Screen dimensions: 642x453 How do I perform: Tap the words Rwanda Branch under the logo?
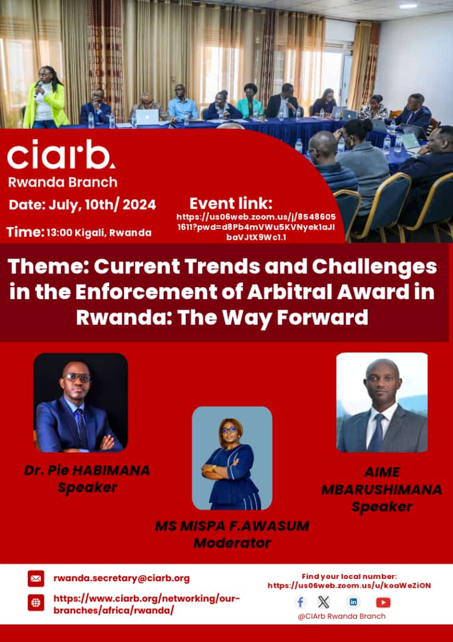click(62, 182)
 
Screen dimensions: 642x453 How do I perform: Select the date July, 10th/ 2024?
click(83, 205)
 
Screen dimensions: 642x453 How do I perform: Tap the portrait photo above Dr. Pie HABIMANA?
click(80, 402)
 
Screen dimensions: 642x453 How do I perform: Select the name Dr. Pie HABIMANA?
click(87, 470)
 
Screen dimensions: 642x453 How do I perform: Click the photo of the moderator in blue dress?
click(232, 458)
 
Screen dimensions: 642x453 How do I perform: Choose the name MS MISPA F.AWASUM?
click(232, 526)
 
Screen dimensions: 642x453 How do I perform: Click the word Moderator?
click(232, 543)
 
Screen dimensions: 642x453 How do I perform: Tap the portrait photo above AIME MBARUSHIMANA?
click(382, 402)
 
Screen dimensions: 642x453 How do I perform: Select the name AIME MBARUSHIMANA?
click(382, 481)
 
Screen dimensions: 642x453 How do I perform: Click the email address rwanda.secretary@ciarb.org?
click(122, 578)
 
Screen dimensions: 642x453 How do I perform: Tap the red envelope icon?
click(36, 578)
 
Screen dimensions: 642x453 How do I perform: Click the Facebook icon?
click(301, 602)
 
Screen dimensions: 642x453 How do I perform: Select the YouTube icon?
click(384, 602)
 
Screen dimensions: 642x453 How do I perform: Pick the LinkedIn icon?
click(354, 602)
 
